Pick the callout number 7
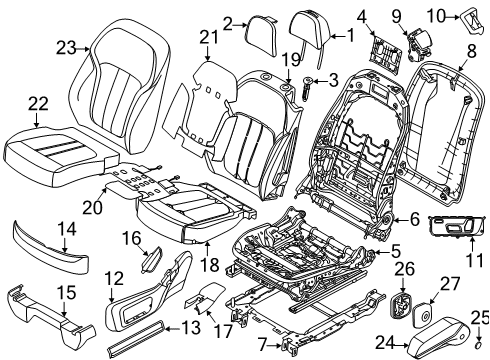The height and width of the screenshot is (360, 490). pyautogui.click(x=263, y=344)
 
